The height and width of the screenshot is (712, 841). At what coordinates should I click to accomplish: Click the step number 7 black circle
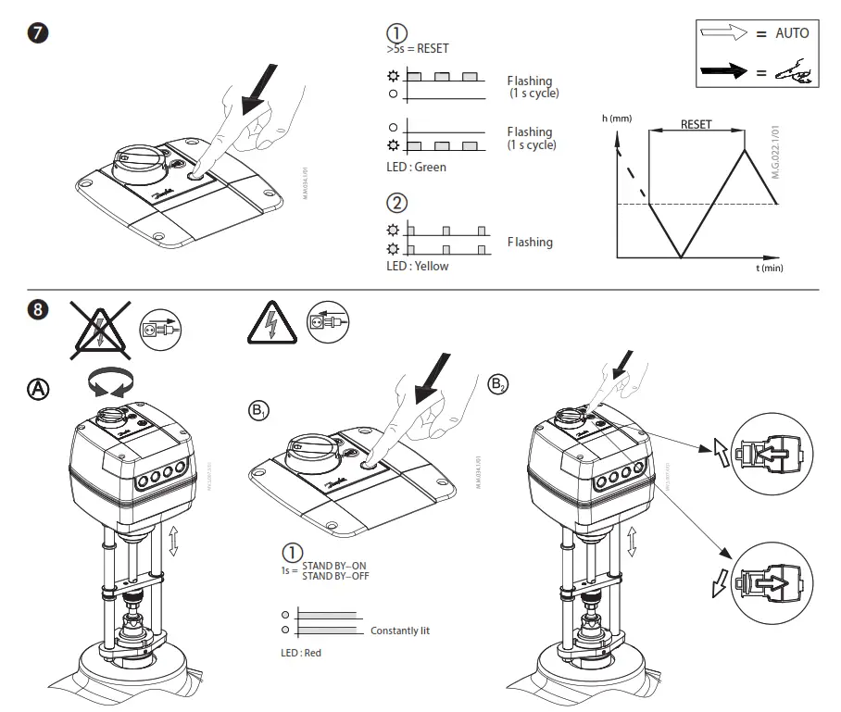(x=38, y=32)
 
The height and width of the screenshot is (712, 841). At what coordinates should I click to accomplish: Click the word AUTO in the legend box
(x=791, y=32)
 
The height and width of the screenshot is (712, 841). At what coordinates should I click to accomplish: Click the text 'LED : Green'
(x=416, y=167)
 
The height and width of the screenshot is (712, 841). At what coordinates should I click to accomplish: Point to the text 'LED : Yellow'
(x=417, y=266)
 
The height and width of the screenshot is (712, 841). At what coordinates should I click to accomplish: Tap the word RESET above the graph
(x=696, y=124)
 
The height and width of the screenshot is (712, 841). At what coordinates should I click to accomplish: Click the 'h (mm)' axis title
(x=618, y=118)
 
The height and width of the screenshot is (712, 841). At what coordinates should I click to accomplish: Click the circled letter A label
(x=38, y=388)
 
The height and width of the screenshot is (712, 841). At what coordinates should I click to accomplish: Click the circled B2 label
(x=498, y=382)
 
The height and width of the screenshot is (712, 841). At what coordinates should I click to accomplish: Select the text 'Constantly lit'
(x=400, y=631)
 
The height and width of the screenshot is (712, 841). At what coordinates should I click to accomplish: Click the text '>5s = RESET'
(x=417, y=48)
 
